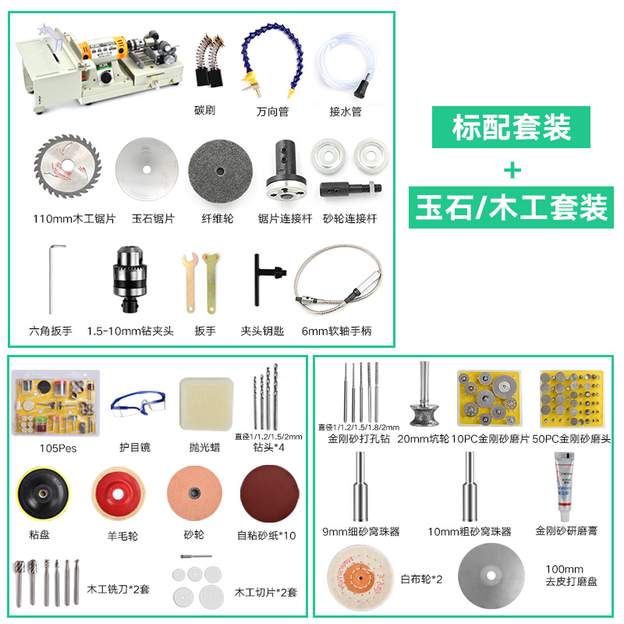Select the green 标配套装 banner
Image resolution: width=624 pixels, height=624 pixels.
click(x=511, y=127)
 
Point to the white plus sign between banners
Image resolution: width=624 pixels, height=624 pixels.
click(x=511, y=168)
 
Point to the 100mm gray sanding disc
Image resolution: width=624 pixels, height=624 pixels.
click(x=489, y=578)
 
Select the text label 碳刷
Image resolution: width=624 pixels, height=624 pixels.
click(x=204, y=111)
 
